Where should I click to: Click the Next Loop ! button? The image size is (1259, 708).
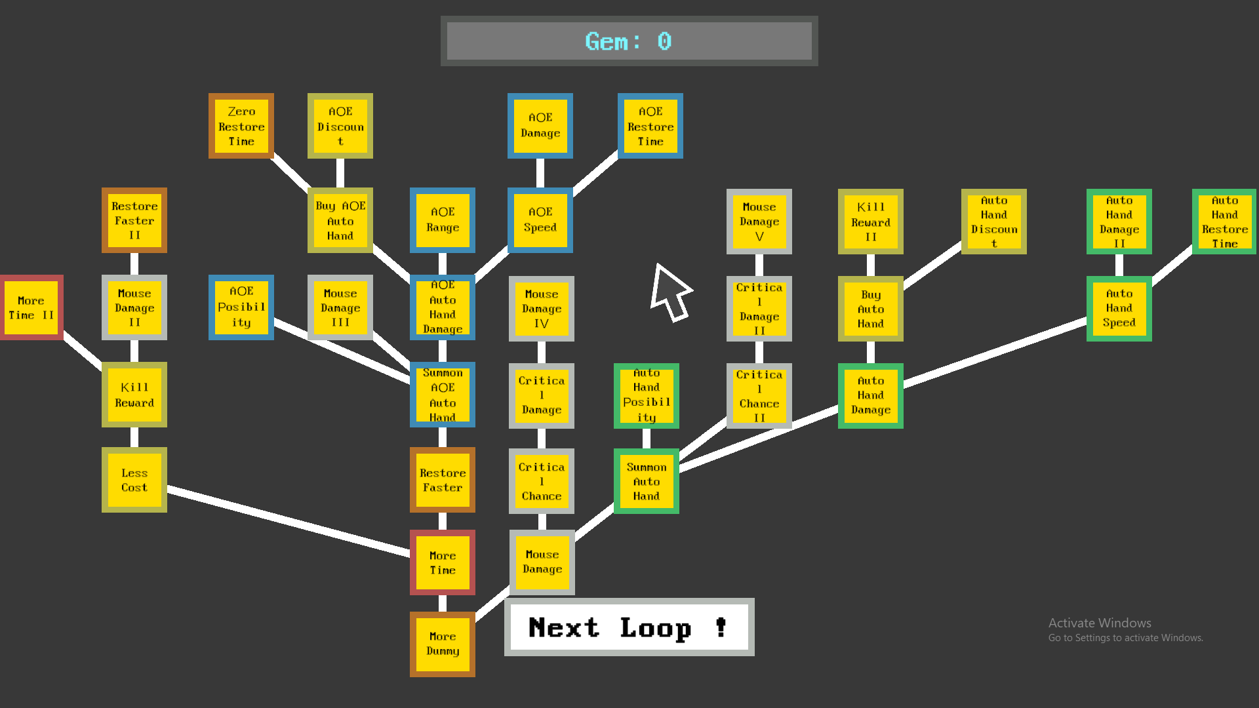(629, 627)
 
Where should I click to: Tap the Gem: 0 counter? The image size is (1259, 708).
(629, 41)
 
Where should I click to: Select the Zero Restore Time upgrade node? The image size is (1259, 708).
(241, 126)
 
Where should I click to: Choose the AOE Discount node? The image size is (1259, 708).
(340, 126)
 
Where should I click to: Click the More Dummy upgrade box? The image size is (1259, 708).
(443, 644)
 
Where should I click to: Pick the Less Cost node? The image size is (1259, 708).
(134, 480)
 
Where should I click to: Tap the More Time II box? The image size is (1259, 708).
(31, 307)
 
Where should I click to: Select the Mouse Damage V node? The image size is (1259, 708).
(759, 222)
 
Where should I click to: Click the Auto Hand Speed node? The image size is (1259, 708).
(1119, 308)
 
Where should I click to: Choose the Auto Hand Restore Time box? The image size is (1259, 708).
(1224, 222)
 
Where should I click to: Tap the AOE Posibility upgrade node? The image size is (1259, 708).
(241, 307)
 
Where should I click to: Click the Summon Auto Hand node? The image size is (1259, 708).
(647, 481)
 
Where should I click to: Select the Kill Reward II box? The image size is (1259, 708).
(871, 222)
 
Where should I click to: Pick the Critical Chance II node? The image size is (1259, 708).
(759, 396)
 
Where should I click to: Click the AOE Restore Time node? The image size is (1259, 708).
(650, 126)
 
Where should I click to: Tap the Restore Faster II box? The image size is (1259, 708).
(134, 220)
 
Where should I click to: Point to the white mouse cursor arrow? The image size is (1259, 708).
(668, 291)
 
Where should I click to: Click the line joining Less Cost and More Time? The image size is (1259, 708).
(289, 521)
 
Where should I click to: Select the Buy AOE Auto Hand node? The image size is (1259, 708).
(340, 220)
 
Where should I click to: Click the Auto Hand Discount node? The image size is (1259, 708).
(994, 222)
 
